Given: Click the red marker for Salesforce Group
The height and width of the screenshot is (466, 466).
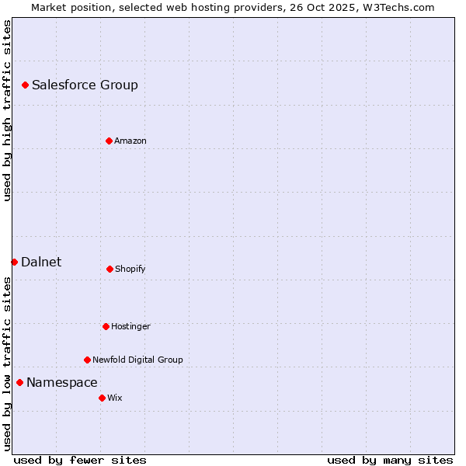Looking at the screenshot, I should [25, 85].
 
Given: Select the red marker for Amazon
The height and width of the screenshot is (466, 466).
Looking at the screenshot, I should [109, 141].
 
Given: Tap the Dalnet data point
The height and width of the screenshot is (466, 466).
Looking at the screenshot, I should [14, 262].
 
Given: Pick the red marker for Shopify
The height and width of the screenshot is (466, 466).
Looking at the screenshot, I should [110, 269].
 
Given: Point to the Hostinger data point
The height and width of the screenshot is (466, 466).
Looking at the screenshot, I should [106, 326].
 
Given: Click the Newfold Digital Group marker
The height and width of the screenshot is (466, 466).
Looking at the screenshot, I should [87, 360].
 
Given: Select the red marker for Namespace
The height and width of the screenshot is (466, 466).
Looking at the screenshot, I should [19, 382].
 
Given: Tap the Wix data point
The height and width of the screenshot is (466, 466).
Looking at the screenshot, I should [102, 398].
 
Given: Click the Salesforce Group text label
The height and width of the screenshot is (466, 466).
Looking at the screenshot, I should [85, 85].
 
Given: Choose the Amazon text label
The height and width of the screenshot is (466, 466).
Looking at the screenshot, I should [130, 141].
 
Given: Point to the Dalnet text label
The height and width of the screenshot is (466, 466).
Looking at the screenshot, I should [41, 262].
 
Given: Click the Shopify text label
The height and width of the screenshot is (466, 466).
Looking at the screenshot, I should [130, 269].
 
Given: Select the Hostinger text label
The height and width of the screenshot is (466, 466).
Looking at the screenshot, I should [130, 326].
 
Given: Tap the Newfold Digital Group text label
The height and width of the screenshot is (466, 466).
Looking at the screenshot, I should [137, 360].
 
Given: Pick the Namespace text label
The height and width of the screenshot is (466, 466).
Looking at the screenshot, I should [62, 382].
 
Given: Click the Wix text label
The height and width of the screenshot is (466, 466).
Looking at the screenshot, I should [115, 398].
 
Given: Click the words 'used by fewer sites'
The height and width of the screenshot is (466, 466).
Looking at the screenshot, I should [80, 460].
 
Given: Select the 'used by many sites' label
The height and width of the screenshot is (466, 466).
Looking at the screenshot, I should [390, 460].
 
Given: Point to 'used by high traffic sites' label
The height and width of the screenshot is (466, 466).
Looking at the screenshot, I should [7, 110].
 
